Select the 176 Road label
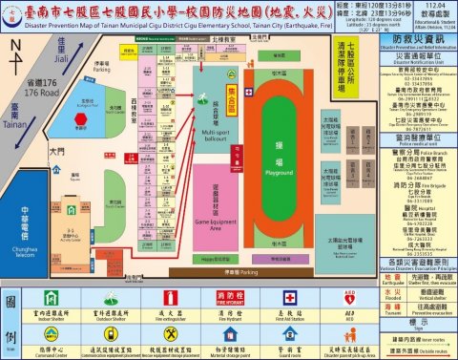tap(41, 92)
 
